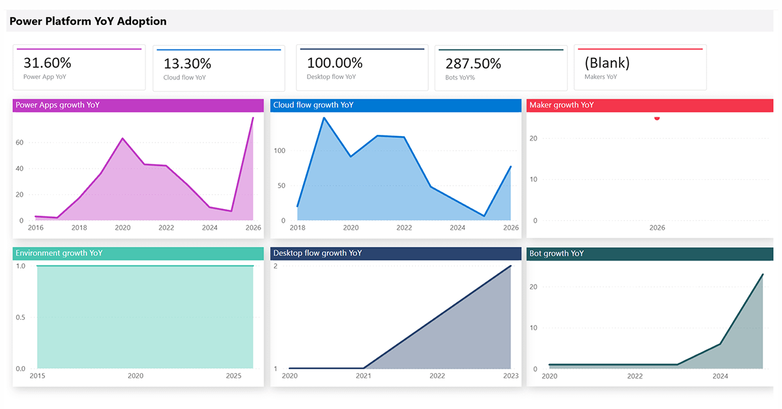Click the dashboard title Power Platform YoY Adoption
tap(88, 21)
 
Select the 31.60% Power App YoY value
tap(48, 63)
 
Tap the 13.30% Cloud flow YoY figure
tap(187, 64)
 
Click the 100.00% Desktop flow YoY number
tap(334, 63)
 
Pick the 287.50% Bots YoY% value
tap(473, 64)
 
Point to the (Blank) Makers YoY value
tap(607, 63)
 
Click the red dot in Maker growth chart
tap(657, 118)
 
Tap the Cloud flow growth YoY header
tap(313, 105)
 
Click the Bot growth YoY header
tap(557, 253)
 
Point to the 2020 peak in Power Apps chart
tap(123, 138)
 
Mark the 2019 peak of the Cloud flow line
tap(324, 118)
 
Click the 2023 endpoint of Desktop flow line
tap(511, 266)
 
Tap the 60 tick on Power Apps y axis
tap(20, 143)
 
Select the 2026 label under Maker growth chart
tap(657, 228)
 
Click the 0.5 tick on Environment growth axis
tap(20, 317)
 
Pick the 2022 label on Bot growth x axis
tap(635, 376)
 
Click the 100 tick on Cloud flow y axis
tap(280, 150)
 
